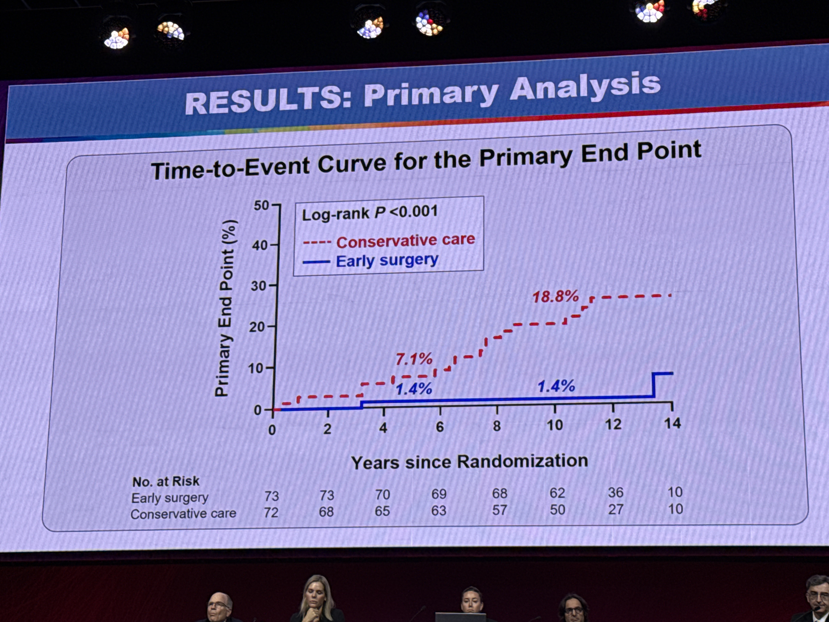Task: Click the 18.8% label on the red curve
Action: [x=555, y=297]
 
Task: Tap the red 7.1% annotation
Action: [x=414, y=359]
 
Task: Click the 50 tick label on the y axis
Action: [x=261, y=205]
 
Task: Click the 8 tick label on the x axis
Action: [x=497, y=426]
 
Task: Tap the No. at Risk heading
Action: [x=166, y=481]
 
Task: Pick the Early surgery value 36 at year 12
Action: [x=615, y=493]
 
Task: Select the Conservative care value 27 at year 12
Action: [x=615, y=509]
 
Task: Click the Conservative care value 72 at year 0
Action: [x=271, y=512]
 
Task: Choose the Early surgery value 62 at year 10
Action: [x=557, y=493]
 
